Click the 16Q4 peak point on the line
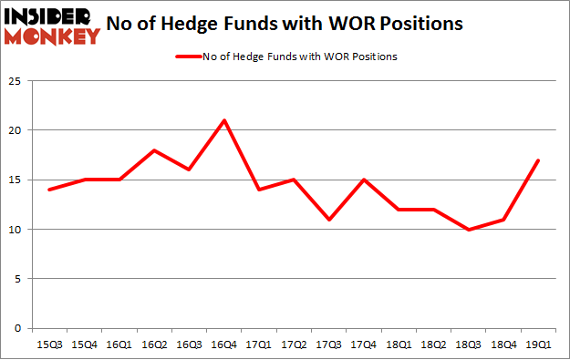coord(224,120)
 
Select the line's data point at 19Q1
coord(538,160)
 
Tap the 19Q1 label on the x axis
coord(538,344)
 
